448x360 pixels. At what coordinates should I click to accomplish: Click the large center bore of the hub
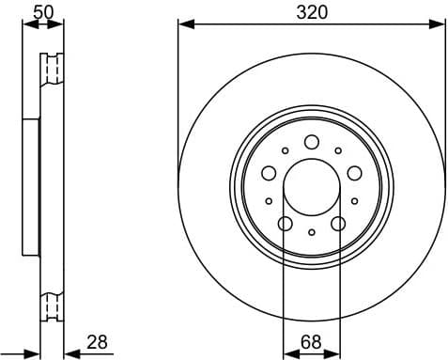pyautogui.click(x=312, y=185)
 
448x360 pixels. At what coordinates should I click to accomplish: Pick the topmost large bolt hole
pyautogui.click(x=312, y=142)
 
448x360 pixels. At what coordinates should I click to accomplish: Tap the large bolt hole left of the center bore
pyautogui.click(x=269, y=173)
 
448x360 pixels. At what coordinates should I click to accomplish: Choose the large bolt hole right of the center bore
pyautogui.click(x=354, y=173)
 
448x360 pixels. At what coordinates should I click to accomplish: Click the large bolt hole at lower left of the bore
pyautogui.click(x=286, y=223)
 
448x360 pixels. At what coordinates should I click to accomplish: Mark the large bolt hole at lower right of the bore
pyautogui.click(x=338, y=223)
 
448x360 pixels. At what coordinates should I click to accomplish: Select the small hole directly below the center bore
pyautogui.click(x=312, y=231)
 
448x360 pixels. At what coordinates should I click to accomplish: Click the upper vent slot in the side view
pyautogui.click(x=51, y=70)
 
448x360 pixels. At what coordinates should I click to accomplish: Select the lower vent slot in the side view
pyautogui.click(x=51, y=305)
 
